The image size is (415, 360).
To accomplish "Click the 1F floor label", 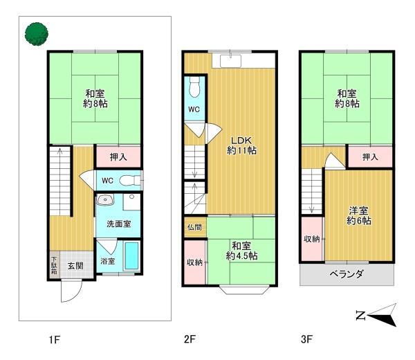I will (x=55, y=340).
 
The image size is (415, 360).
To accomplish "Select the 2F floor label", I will (x=190, y=340).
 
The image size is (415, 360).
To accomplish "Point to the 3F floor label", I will (x=307, y=340).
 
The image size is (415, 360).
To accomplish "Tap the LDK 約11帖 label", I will (x=243, y=143).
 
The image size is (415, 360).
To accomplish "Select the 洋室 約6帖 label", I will (x=358, y=215).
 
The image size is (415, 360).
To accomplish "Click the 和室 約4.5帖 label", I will (x=241, y=251).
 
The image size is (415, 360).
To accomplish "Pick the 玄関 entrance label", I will (x=75, y=264).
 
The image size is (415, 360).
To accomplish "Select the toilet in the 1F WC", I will (x=128, y=181).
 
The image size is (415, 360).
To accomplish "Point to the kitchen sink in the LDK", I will (x=230, y=61).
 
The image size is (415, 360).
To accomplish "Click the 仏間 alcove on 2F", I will (x=194, y=227).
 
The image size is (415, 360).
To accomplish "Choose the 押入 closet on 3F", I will (x=370, y=158).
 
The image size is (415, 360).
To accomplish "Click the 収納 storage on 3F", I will (x=311, y=239).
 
